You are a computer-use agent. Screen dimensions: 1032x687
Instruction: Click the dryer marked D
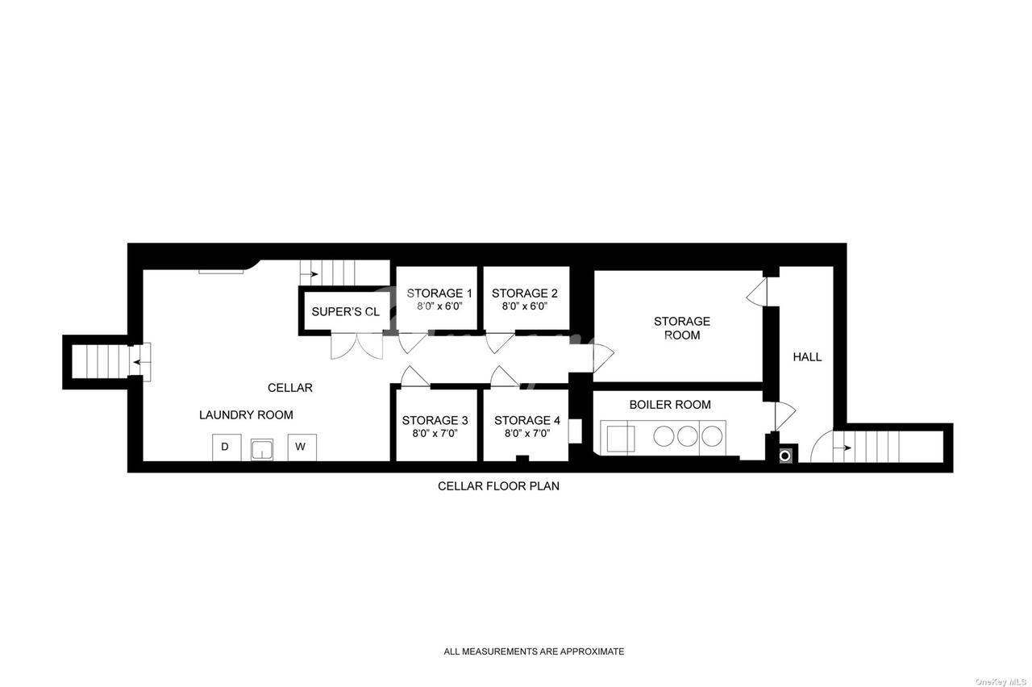[227, 447]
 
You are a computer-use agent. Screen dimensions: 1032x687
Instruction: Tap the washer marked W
[302, 447]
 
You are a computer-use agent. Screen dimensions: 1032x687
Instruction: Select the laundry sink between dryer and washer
[262, 449]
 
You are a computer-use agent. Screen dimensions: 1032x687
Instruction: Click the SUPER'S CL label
[346, 312]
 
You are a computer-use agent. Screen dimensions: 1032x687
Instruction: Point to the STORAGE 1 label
[439, 293]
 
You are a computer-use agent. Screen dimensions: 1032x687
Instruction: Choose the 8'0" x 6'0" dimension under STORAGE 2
[525, 306]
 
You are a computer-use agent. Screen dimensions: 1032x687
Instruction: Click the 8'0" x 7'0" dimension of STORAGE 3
[435, 433]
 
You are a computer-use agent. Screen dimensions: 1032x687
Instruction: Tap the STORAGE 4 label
[527, 420]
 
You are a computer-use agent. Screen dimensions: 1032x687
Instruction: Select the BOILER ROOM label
[670, 405]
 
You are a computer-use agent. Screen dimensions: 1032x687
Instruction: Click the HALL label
[807, 357]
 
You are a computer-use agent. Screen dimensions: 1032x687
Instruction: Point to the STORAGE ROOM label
[682, 328]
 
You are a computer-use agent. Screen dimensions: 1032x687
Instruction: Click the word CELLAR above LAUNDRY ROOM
[289, 388]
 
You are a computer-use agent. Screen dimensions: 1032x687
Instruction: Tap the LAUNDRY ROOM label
[246, 415]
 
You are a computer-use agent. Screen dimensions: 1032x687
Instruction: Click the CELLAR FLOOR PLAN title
[498, 486]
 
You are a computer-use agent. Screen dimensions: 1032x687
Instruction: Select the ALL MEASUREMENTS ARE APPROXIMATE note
[534, 652]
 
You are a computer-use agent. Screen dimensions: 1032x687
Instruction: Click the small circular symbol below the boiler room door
[785, 456]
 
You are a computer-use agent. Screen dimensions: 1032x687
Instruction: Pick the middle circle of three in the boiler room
[688, 436]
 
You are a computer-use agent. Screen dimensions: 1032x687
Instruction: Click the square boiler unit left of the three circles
[621, 439]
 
